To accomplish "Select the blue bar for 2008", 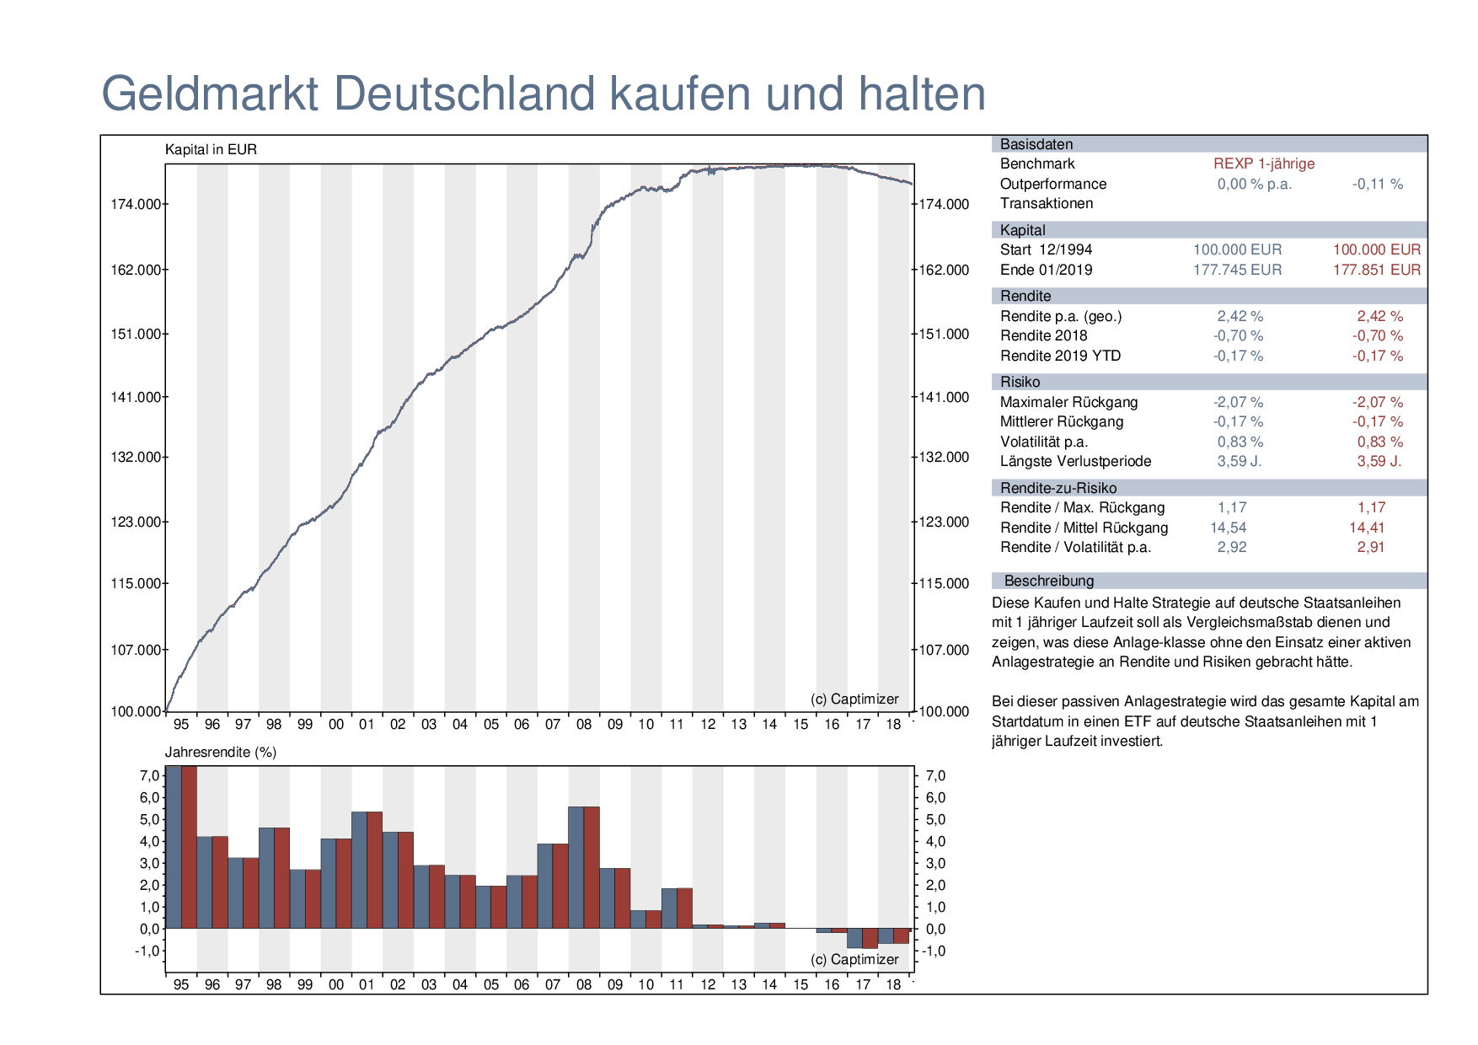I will click(576, 867).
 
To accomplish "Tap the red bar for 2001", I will click(374, 870).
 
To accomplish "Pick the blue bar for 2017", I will click(854, 938).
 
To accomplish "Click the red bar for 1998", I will click(281, 877).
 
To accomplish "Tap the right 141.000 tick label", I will click(944, 397).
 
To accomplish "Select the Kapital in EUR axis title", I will click(211, 150).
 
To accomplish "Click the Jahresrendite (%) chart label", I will click(221, 752).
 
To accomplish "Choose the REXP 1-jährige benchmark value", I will click(1263, 163).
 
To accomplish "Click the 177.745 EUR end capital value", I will click(1237, 270).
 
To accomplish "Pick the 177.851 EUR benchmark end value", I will click(1376, 270).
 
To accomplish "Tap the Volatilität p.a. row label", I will click(1043, 442).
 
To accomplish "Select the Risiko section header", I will click(1020, 382).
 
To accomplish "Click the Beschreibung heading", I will click(1048, 581).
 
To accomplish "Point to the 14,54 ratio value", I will click(1228, 528).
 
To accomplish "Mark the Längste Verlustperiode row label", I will click(1075, 461).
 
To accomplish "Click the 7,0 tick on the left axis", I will click(149, 775).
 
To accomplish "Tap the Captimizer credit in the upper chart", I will click(854, 699).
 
